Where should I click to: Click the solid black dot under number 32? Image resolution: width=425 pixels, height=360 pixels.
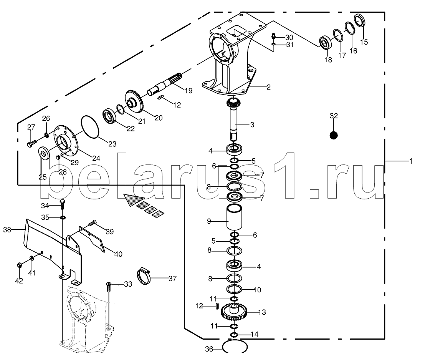(x=334, y=135)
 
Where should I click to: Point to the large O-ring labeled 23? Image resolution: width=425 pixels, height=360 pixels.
(x=90, y=127)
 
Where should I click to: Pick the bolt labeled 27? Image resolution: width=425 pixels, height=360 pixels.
(x=32, y=143)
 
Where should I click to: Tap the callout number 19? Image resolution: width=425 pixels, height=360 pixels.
(x=188, y=91)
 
